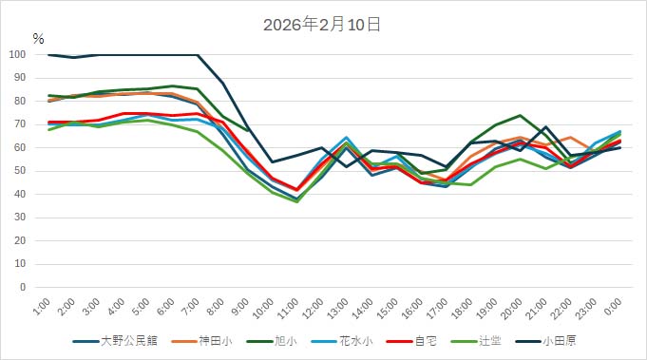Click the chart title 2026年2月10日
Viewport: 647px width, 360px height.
tap(323, 25)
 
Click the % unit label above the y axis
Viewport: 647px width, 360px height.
tap(38, 39)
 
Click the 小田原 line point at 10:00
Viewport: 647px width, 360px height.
tap(273, 161)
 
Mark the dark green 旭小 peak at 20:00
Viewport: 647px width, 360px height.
tap(520, 116)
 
